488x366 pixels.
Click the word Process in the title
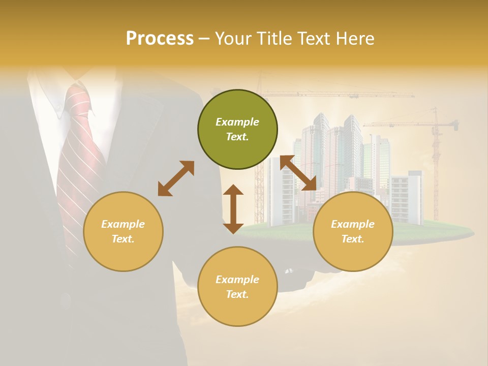click(x=160, y=38)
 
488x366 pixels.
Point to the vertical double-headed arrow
click(x=233, y=209)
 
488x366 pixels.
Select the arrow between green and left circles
click(x=176, y=178)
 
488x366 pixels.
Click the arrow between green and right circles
click(x=298, y=173)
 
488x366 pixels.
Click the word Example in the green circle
click(x=237, y=122)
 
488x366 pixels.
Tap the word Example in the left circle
click(x=123, y=224)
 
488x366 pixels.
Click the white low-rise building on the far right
click(x=407, y=198)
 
